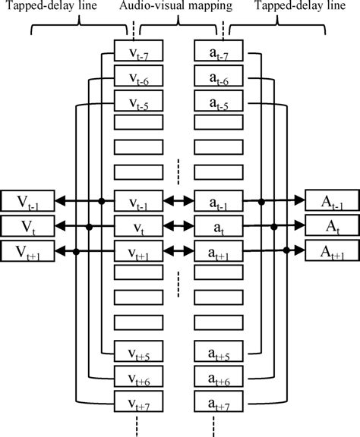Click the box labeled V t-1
[x=27, y=201]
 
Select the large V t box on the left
[x=27, y=226]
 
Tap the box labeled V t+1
[x=27, y=251]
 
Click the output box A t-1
[x=332, y=201]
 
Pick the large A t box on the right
[x=332, y=226]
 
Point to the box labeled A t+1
[x=332, y=251]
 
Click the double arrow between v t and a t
[x=178, y=226]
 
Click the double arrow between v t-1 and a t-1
[x=178, y=201]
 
